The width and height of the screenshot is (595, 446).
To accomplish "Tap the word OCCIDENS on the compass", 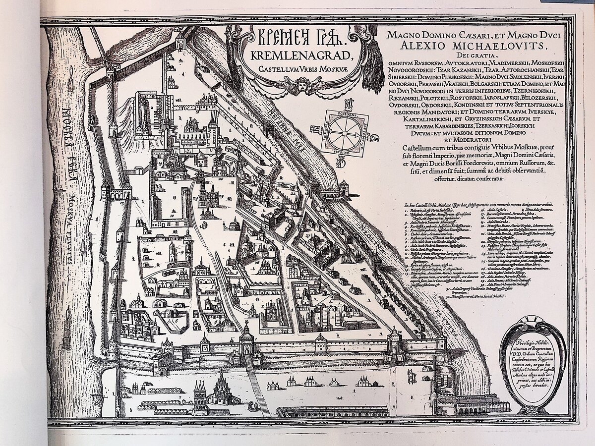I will click(347, 113).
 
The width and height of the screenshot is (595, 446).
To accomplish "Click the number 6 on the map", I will click(177, 321).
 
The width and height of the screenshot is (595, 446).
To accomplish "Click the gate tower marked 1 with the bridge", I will click(246, 342).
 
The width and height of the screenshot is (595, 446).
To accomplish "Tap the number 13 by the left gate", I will click(120, 203).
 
